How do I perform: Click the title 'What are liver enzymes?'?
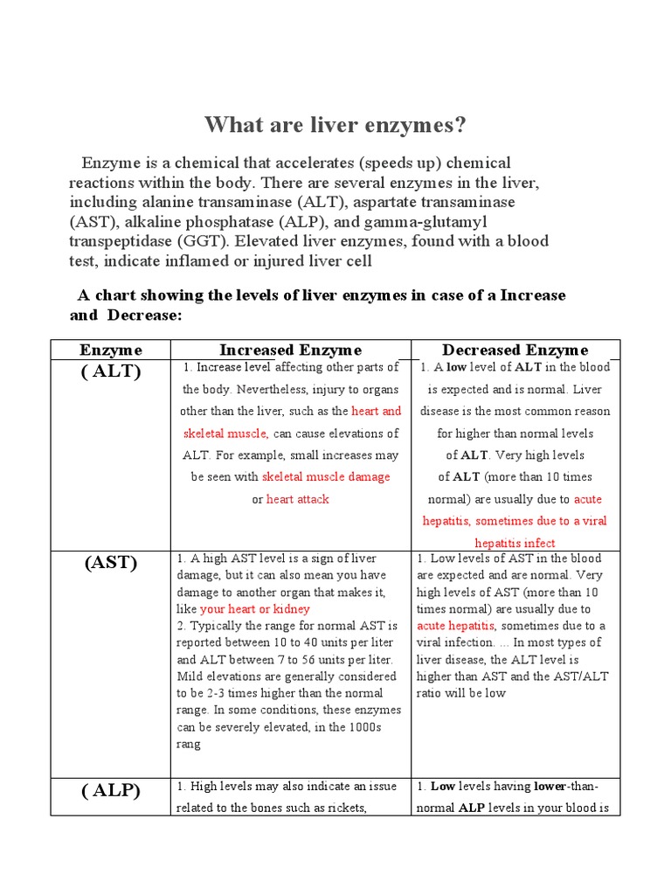pos(335,126)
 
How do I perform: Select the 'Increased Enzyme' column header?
pos(290,350)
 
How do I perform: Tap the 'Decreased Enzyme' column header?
pos(515,350)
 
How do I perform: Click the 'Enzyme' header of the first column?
pos(111,350)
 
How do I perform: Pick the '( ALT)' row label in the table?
pos(111,371)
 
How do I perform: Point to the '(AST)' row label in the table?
pos(111,562)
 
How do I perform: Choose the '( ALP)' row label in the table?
pos(111,791)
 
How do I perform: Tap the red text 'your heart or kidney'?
pos(255,608)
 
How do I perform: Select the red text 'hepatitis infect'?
pos(515,543)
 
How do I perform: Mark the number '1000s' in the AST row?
pos(358,726)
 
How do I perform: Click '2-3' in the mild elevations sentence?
pos(212,693)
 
